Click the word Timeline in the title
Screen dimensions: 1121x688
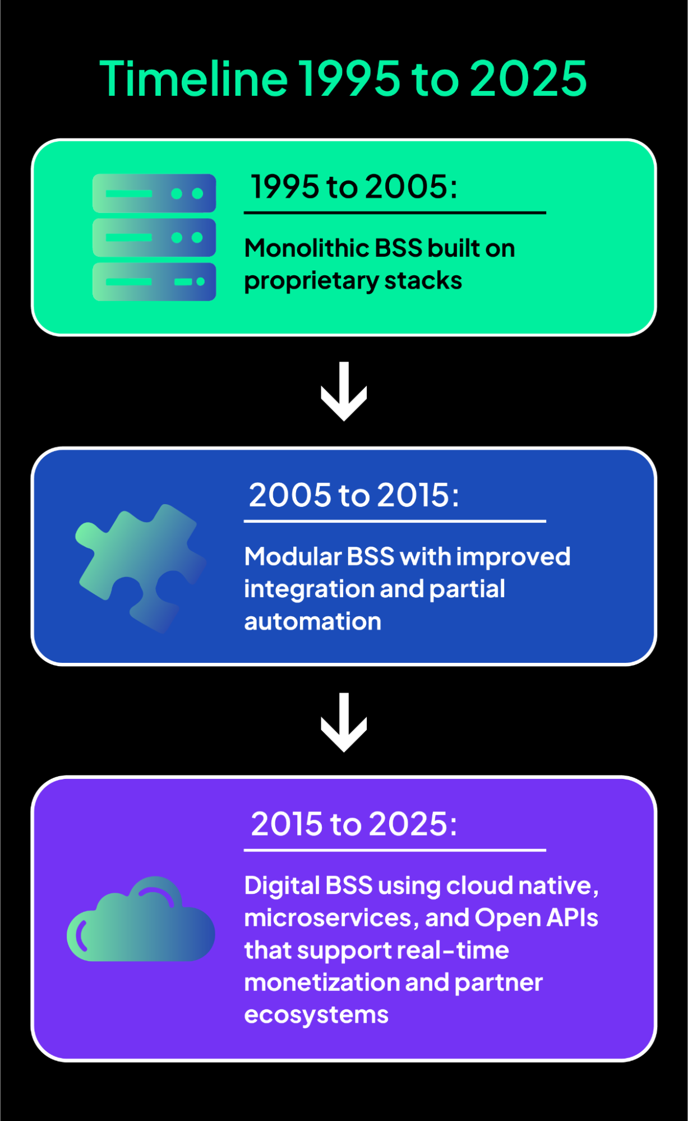coord(193,79)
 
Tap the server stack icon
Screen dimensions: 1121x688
coord(154,237)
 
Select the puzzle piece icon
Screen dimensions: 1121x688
coord(140,568)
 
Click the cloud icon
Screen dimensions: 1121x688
coord(141,920)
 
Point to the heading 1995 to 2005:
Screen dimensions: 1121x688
coord(354,187)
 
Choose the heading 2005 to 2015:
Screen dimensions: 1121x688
coord(354,495)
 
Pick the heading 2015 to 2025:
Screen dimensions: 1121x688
coord(354,824)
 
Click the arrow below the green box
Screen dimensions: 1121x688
coord(344,391)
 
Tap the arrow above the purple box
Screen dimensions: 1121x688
coord(344,722)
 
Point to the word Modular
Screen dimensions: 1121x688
coord(292,557)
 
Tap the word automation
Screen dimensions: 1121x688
coord(312,621)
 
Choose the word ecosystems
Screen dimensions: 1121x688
coord(316,1015)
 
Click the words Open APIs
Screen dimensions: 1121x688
coord(537,918)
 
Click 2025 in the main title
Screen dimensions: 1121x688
coord(528,79)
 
